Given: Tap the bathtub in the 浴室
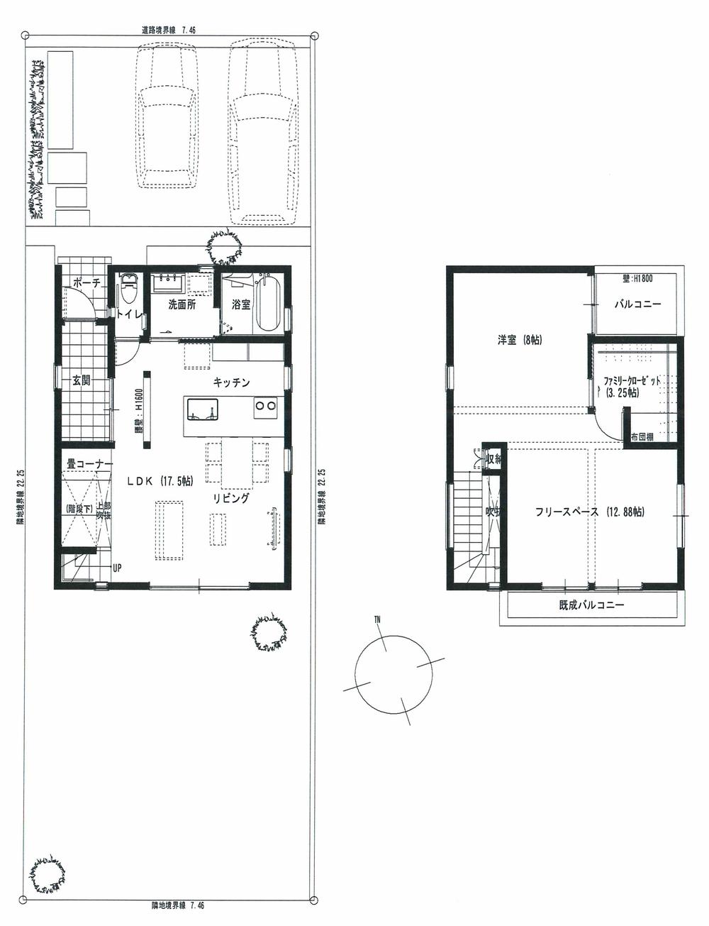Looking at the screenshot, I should click(x=268, y=304).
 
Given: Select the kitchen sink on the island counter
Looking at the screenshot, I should click(x=202, y=409).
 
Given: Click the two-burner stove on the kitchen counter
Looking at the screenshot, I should click(x=265, y=406).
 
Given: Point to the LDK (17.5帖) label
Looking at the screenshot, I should click(x=160, y=481).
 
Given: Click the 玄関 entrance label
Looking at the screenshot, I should click(x=81, y=380).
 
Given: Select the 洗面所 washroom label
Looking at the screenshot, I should click(x=182, y=304).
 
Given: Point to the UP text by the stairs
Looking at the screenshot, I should click(x=116, y=568).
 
